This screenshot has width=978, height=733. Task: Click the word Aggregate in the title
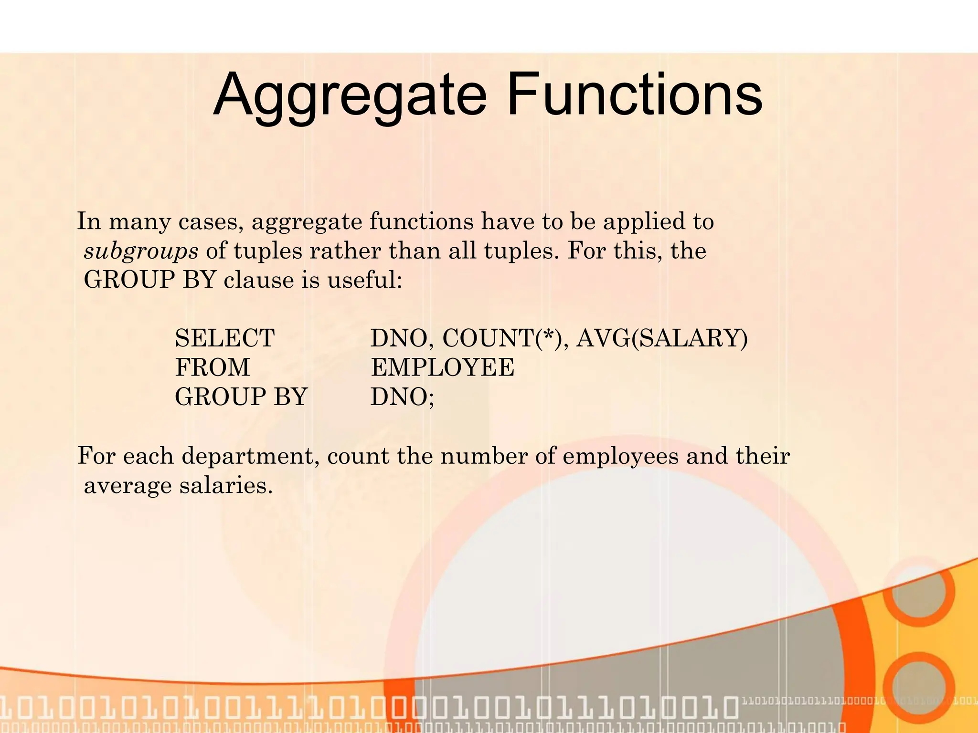[349, 95]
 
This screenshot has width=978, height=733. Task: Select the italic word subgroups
[141, 251]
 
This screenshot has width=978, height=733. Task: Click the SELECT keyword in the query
[224, 338]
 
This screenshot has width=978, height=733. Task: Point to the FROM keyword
[212, 367]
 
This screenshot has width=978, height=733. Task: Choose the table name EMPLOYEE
[442, 367]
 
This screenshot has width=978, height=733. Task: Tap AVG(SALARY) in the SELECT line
[662, 338]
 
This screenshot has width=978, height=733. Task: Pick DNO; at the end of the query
[402, 397]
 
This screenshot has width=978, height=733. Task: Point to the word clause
[258, 280]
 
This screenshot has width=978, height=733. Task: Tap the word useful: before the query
[365, 280]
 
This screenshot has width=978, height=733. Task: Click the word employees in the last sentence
[620, 456]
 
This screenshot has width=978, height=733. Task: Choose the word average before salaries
[128, 486]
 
